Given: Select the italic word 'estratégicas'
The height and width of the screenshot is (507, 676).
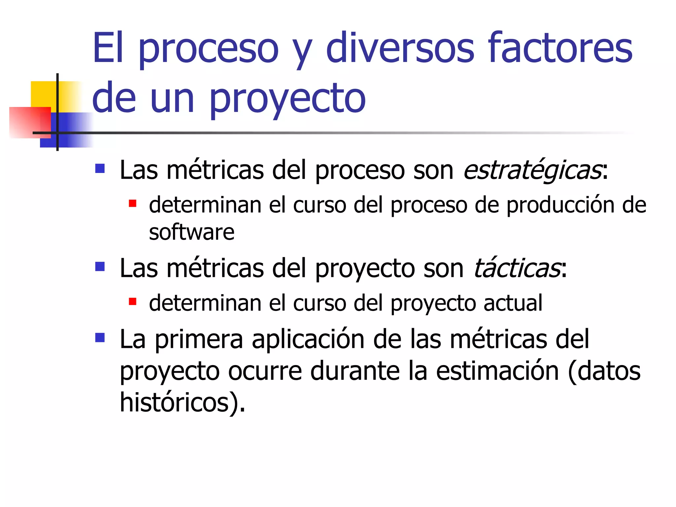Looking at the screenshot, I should [532, 170].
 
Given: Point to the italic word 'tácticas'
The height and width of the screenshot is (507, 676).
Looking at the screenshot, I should [517, 268].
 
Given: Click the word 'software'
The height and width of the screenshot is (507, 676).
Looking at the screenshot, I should [191, 232].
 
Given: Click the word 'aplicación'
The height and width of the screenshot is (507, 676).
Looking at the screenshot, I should [308, 340].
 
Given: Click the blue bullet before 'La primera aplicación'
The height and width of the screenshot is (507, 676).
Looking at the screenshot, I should [100, 337].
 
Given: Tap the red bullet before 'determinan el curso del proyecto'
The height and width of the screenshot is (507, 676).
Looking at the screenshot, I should [132, 301].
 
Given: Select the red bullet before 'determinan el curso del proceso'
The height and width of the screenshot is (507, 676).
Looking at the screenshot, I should [132, 203].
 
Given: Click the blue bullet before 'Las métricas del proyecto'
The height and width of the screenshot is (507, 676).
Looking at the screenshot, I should [100, 266].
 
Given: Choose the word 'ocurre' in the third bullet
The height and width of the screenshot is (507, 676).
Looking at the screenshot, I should [265, 371].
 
